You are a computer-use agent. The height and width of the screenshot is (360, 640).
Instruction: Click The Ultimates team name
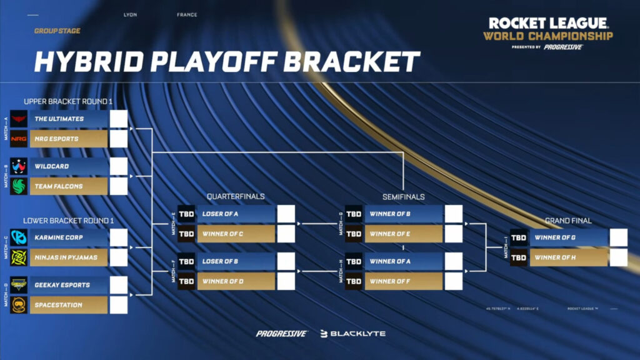[x=59, y=119]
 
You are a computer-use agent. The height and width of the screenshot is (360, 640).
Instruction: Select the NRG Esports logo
[x=19, y=139]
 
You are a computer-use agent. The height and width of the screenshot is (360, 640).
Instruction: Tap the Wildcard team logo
[x=19, y=166]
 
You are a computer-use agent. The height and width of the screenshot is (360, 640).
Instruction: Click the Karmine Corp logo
[x=19, y=237]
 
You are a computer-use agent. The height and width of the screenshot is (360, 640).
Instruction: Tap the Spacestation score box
[x=119, y=305]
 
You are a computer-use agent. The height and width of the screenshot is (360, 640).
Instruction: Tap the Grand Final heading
[x=568, y=221]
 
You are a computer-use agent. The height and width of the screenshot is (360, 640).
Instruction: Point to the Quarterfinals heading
[x=236, y=196]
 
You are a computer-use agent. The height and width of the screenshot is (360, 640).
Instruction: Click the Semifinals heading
[x=403, y=196]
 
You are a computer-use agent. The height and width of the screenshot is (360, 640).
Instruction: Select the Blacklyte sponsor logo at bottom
[x=353, y=334]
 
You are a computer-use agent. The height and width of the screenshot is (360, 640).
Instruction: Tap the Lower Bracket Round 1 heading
[x=69, y=221]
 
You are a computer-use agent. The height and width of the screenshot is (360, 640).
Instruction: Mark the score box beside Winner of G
[x=618, y=237]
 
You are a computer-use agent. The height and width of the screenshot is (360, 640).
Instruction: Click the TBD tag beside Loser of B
[x=186, y=261]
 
